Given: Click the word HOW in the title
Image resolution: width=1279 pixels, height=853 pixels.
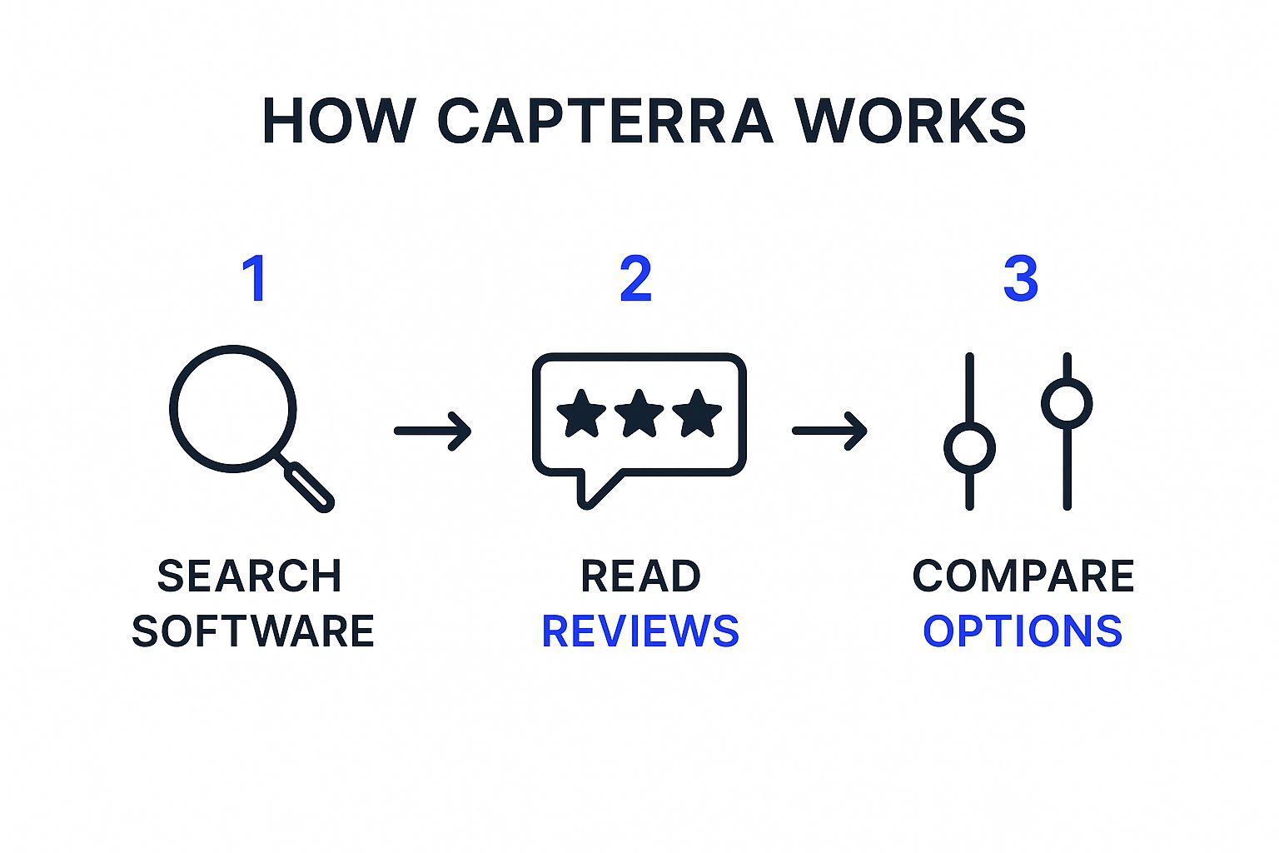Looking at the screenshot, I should [x=338, y=122].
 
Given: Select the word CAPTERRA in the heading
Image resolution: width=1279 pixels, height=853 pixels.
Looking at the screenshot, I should [x=605, y=122].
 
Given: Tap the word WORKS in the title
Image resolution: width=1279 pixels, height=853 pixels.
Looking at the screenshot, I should [x=910, y=122].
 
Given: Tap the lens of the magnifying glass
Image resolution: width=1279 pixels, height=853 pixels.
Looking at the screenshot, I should [x=233, y=408].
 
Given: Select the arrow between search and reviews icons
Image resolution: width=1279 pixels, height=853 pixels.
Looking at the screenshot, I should [x=433, y=431].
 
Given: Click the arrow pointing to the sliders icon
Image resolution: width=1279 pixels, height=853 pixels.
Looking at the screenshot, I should [x=830, y=431].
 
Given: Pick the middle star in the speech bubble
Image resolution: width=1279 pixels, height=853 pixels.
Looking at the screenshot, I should [x=639, y=413].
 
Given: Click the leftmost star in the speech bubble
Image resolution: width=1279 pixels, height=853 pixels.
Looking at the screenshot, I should [x=581, y=413].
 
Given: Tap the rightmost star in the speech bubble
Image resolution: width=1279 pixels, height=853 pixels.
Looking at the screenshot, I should [x=697, y=413].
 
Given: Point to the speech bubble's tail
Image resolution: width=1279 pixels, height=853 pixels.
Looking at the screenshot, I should [x=593, y=491].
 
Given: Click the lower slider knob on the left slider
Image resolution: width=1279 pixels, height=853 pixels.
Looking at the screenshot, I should [x=969, y=448].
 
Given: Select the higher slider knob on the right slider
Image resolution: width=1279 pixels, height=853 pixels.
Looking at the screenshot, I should [x=1067, y=404].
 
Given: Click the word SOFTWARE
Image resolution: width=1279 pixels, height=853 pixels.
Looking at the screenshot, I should [x=253, y=631].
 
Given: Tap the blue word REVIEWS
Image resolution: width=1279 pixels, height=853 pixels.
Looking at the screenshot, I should [x=640, y=631].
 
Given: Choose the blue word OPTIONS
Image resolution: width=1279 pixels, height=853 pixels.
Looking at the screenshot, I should [x=1023, y=631].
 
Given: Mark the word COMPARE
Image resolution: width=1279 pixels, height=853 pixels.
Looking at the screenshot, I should [x=1023, y=576].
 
